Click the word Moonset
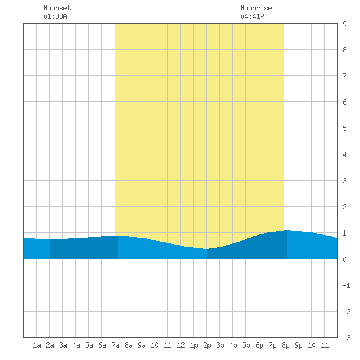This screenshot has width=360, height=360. pyautogui.click(x=57, y=8)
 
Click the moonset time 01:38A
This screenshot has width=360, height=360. pyautogui.click(x=55, y=16)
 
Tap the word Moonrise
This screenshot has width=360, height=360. pyautogui.click(x=256, y=8)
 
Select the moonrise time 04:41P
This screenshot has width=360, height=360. pyautogui.click(x=252, y=16)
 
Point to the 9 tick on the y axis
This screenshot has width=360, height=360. pyautogui.click(x=344, y=24)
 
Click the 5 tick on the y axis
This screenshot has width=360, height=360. pyautogui.click(x=344, y=128)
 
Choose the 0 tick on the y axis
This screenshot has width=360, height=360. pyautogui.click(x=344, y=259)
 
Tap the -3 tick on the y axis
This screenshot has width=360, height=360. pyautogui.click(x=346, y=338)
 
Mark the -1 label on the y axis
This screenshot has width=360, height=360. pyautogui.click(x=346, y=285)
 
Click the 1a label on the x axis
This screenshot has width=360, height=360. pyautogui.click(x=37, y=345)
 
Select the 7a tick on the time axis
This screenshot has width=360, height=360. pyautogui.click(x=115, y=345)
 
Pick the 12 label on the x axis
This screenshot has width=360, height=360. pyautogui.click(x=181, y=345)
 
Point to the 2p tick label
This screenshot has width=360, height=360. pyautogui.click(x=207, y=345)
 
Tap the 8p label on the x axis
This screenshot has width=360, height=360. pyautogui.click(x=285, y=345)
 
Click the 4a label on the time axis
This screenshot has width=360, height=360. pyautogui.click(x=76, y=345)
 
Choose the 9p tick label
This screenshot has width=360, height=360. pyautogui.click(x=298, y=345)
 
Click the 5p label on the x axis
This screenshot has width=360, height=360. pyautogui.click(x=246, y=345)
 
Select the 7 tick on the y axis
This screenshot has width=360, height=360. pyautogui.click(x=344, y=76)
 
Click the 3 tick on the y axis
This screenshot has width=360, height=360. pyautogui.click(x=344, y=181)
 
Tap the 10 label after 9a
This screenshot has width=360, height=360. pyautogui.click(x=154, y=345)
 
